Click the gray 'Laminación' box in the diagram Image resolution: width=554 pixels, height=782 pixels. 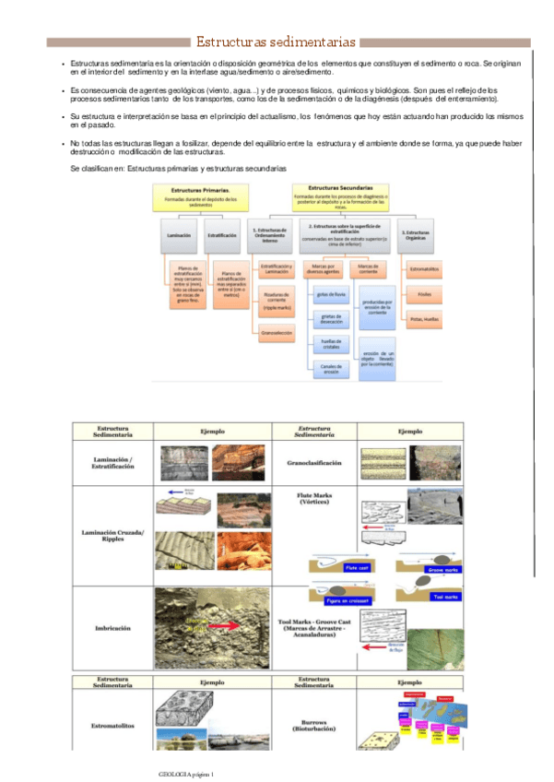pos(179,235)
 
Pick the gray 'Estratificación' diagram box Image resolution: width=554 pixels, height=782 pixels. pos(222,235)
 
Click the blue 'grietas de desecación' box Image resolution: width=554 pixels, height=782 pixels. pos(330,319)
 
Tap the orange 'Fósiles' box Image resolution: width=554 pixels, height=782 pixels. pos(424,294)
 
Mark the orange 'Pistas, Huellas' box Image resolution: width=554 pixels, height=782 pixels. pos(422,319)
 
